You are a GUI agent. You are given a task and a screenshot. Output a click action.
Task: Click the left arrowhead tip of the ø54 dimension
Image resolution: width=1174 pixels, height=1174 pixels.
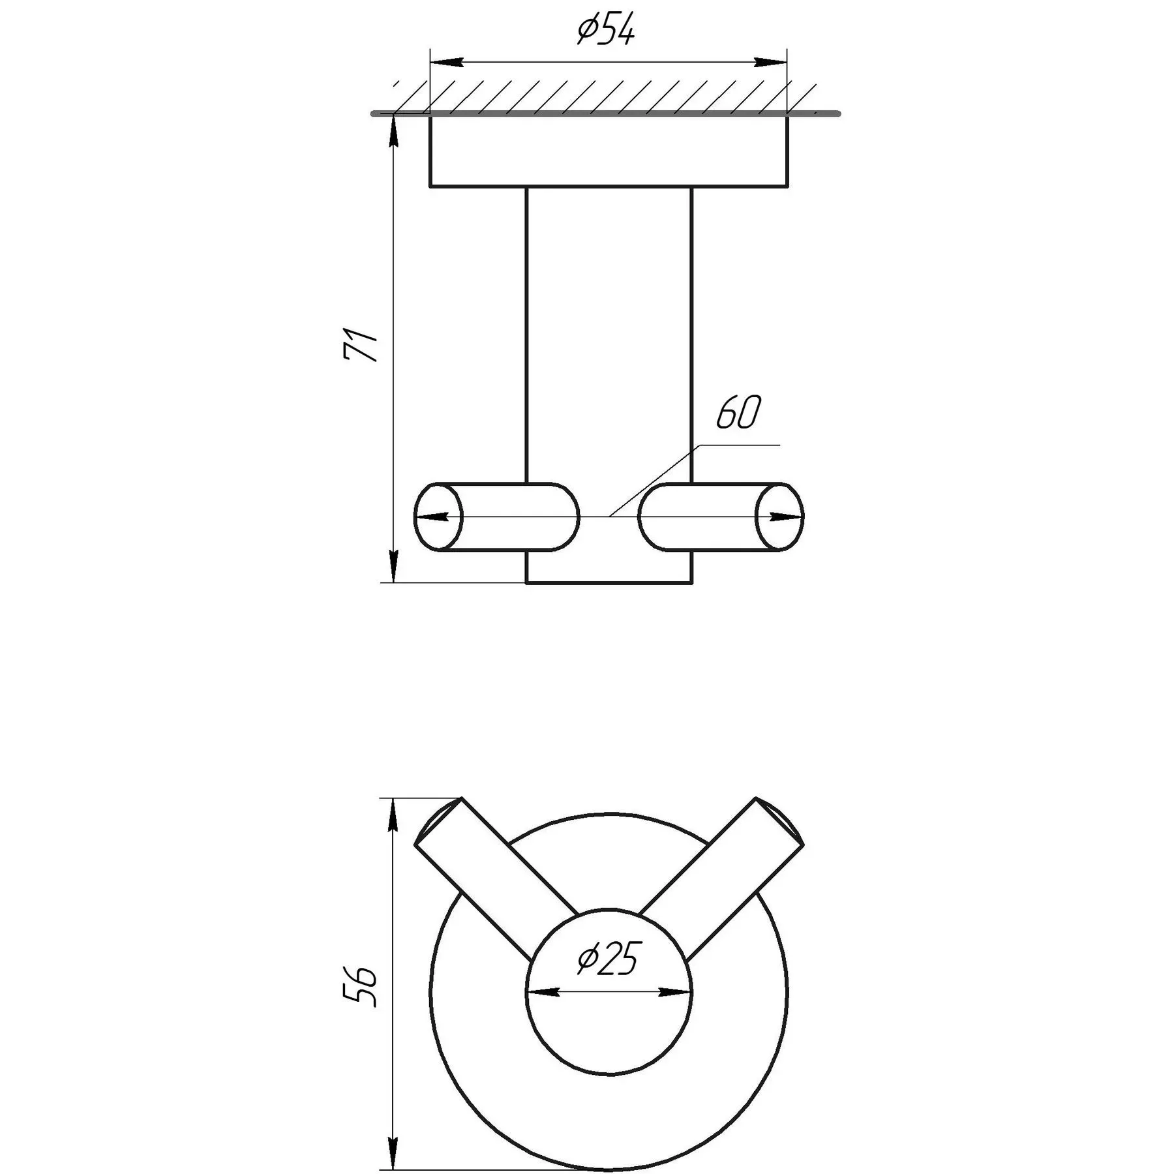pyautogui.click(x=430, y=63)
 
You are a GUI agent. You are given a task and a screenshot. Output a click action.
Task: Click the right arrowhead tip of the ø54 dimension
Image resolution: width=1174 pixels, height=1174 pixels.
pyautogui.click(x=787, y=63)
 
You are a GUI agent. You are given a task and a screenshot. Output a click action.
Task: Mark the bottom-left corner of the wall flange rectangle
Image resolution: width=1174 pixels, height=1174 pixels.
pyautogui.click(x=430, y=187)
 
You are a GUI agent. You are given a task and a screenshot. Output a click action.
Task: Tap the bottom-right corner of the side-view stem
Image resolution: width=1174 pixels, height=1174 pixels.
pyautogui.click(x=691, y=583)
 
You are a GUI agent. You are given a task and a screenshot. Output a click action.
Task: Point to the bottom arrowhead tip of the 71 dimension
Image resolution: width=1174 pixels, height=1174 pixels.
pyautogui.click(x=394, y=582)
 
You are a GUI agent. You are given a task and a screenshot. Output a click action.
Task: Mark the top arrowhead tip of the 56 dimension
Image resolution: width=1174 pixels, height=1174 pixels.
pyautogui.click(x=394, y=798)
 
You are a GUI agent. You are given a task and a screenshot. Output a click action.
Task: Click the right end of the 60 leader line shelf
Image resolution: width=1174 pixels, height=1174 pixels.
pyautogui.click(x=780, y=445)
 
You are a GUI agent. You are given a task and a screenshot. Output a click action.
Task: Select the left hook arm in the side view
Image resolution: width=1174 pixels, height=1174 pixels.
pyautogui.click(x=496, y=517)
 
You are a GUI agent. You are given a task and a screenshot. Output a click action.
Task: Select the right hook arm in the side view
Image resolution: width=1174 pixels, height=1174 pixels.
pyautogui.click(x=721, y=517)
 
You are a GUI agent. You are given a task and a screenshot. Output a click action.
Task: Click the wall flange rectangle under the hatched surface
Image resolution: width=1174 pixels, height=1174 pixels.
pyautogui.click(x=609, y=151)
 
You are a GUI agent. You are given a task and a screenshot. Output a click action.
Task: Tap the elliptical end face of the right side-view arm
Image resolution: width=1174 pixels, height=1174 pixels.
pyautogui.click(x=780, y=517)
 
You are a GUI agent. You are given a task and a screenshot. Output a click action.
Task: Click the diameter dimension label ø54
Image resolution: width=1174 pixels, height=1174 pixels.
pyautogui.click(x=606, y=31)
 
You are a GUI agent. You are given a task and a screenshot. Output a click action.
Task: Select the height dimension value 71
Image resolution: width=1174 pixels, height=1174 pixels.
pyautogui.click(x=361, y=345)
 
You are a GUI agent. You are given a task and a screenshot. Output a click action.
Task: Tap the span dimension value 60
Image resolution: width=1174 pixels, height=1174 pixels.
pyautogui.click(x=738, y=412)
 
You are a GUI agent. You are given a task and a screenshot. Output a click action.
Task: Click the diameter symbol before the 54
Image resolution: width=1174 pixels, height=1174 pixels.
pyautogui.click(x=588, y=31)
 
